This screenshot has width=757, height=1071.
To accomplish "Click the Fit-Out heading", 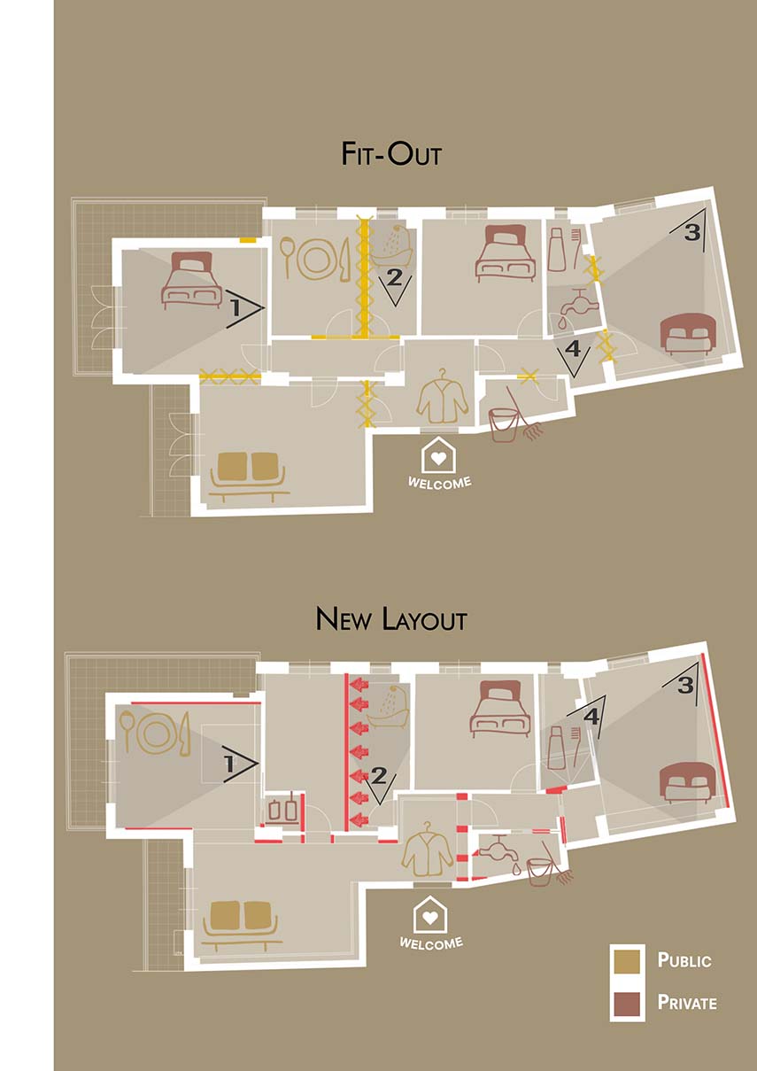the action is coord(391,154).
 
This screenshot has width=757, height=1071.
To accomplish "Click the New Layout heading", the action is coord(391,618).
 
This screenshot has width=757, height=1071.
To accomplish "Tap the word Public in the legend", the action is coord(684,960).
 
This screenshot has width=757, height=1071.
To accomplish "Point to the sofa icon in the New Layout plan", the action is coord(242,927).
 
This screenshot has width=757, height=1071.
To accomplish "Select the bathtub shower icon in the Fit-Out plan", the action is coord(392,245).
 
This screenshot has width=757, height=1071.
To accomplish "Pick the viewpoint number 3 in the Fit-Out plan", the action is coord(692,232).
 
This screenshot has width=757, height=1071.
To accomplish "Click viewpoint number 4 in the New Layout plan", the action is coord(591,717).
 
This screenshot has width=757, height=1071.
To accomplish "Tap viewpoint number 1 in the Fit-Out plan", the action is coord(236,308).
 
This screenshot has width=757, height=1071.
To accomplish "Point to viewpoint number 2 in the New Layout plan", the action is coord(379,775).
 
